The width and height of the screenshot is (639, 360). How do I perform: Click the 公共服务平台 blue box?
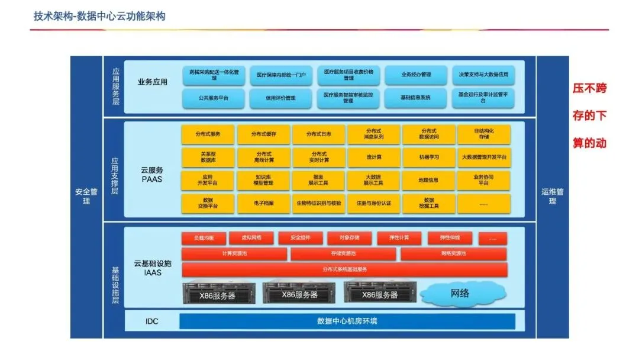(x=213, y=98)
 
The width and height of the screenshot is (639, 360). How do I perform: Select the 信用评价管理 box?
(x=280, y=98)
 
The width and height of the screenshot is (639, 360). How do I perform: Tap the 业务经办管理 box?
(x=415, y=75)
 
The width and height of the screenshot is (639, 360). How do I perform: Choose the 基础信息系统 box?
(x=415, y=98)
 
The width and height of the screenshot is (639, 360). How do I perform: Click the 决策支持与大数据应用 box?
(x=483, y=75)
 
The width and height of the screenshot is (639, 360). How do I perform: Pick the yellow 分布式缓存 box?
(x=263, y=134)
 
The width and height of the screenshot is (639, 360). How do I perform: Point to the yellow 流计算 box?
(x=374, y=157)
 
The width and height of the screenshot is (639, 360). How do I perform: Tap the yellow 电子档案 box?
(x=263, y=204)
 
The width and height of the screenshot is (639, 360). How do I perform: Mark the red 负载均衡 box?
(x=204, y=238)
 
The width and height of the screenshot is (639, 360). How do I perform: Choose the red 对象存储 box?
(x=350, y=238)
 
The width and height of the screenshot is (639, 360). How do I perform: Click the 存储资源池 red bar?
(x=344, y=253)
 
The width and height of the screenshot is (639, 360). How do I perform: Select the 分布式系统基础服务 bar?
(x=344, y=269)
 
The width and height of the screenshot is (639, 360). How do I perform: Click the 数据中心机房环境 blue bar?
(x=347, y=322)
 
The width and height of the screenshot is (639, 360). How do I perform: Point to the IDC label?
(x=152, y=322)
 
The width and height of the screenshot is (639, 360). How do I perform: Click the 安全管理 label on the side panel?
(x=86, y=197)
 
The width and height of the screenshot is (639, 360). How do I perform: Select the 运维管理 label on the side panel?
(x=552, y=197)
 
